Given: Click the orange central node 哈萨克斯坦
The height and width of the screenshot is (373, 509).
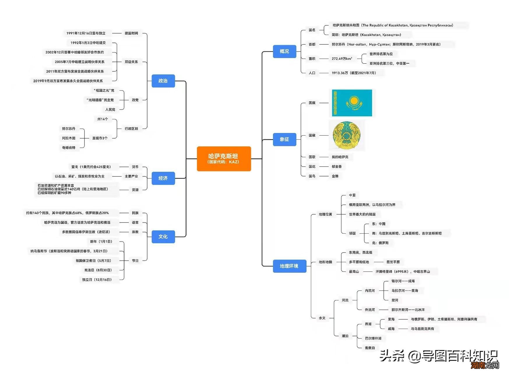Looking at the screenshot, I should point(224,159).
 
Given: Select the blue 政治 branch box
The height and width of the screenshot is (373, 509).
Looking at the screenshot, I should point(163,81).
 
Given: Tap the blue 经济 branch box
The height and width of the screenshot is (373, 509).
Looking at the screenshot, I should point(163,178).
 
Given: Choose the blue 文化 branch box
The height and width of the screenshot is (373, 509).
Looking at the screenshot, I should point(163,237).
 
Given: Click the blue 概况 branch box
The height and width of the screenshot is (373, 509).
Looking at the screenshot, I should point(284,51).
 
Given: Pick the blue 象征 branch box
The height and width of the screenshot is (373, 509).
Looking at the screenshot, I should point(284,139).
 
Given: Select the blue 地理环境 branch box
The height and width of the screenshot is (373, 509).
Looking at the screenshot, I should point(289,266).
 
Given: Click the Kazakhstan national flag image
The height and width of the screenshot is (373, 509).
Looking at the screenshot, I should point(352,103).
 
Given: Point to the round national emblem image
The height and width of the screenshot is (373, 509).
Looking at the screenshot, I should point(347,136).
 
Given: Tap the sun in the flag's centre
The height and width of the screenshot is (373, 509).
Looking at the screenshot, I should point(354,101).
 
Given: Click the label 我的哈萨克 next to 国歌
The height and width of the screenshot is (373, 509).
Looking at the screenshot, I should point(340,157).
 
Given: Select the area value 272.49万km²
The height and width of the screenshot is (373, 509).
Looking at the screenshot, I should point(342,59).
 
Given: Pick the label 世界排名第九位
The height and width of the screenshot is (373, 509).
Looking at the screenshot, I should point(381,54).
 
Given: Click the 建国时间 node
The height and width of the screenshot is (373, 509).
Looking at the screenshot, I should point(131,33).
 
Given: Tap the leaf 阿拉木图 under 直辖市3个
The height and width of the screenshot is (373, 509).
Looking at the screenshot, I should point(69,138).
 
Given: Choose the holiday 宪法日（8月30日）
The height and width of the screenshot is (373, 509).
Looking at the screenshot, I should point(98,270).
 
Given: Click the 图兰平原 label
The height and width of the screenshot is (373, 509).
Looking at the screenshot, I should point(393,262).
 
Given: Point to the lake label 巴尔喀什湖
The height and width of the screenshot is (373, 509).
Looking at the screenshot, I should point(373,338).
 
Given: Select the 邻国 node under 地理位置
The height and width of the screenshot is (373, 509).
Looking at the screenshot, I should point(352,233).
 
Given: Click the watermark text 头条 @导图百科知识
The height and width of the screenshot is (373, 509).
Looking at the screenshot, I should point(438,356).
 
